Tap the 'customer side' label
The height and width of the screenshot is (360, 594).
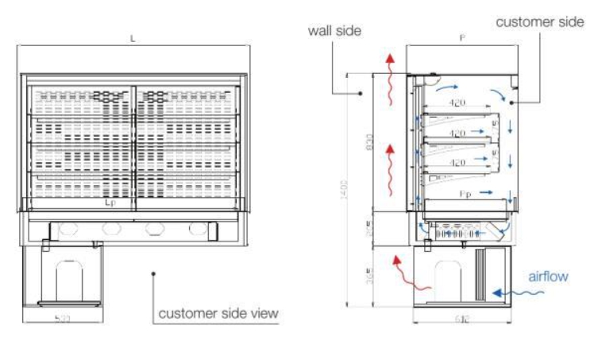539,22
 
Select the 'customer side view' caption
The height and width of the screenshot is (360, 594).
218,313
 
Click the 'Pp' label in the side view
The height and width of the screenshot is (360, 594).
466,193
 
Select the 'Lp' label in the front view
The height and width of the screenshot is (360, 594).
111,203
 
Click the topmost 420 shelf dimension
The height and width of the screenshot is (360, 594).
457,103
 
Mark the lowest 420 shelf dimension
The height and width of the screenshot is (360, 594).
457,163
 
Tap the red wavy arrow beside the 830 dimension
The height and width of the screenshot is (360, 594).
390,168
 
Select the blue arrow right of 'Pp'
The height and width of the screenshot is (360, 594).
489,192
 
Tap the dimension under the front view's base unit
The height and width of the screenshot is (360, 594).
62,319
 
